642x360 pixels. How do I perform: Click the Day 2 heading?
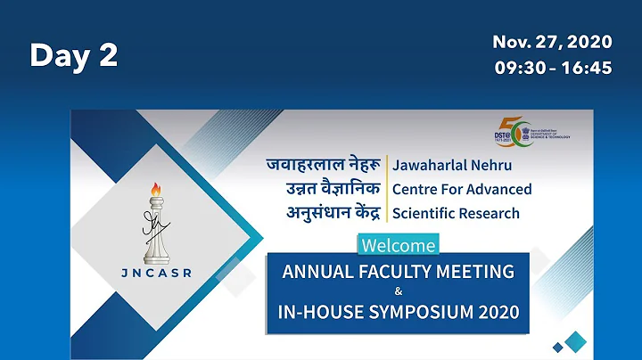[74, 55]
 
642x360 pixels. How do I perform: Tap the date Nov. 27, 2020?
[552, 42]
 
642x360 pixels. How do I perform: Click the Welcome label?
[398, 244]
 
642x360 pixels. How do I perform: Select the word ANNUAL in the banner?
[316, 271]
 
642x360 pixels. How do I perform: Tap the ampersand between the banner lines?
[398, 291]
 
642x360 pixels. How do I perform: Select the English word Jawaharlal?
[430, 166]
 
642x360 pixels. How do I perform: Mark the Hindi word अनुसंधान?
[302, 213]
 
